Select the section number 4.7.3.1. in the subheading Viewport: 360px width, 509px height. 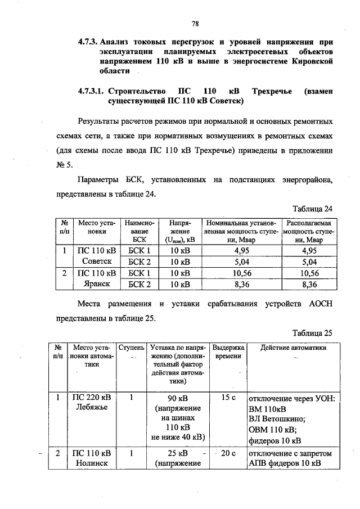tap(90, 91)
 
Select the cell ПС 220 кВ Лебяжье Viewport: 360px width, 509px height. tap(94, 403)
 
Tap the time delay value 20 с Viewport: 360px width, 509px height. tap(228, 453)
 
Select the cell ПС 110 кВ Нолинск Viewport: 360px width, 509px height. tap(94, 458)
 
